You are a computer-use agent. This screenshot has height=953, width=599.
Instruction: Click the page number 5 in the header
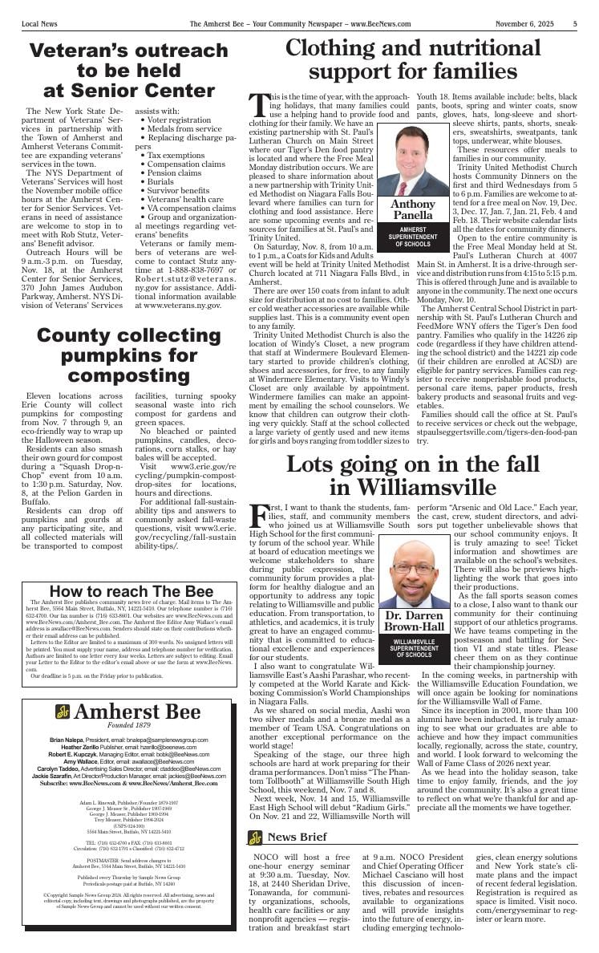[575, 23]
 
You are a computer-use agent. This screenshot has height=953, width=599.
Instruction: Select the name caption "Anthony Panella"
[413, 210]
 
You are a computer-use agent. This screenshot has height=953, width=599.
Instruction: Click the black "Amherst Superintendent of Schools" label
[413, 238]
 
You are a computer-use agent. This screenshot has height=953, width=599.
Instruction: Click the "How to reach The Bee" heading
[132, 592]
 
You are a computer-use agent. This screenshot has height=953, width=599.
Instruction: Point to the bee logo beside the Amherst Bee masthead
[63, 712]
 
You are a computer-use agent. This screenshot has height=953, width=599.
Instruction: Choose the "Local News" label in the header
[41, 23]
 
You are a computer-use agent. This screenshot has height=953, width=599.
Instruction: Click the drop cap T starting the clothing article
[258, 104]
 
